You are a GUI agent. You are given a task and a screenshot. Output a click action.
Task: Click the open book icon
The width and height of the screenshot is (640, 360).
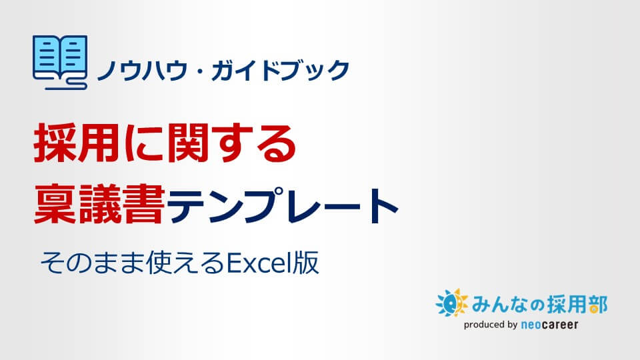(x=59, y=62)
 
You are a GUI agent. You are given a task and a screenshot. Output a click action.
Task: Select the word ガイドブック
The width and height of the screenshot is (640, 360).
(x=281, y=69)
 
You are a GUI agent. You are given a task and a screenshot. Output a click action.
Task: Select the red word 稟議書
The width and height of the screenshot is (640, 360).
(x=99, y=204)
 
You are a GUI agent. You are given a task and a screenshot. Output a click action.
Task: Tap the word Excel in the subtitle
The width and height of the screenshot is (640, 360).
(x=259, y=263)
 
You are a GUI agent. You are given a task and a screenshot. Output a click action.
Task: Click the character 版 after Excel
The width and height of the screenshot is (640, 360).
(x=305, y=263)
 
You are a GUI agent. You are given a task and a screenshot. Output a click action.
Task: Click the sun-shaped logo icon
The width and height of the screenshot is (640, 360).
(x=451, y=303)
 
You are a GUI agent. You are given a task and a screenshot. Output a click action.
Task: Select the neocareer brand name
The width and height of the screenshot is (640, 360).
(x=549, y=325)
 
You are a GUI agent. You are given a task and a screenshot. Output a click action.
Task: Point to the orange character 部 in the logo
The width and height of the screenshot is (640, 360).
(x=598, y=305)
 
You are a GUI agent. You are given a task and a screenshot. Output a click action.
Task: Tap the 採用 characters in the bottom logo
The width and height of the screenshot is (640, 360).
(x=567, y=305)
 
